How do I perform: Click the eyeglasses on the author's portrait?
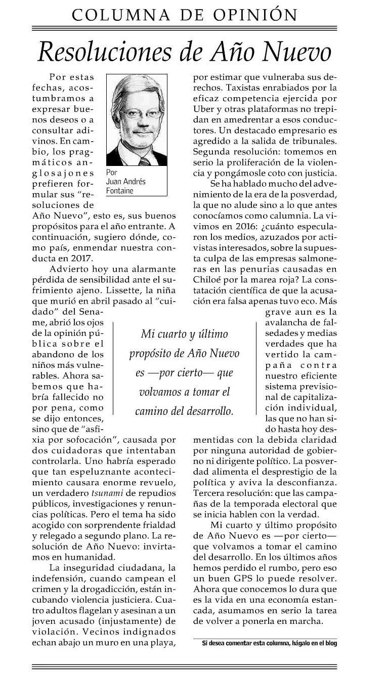tap(136, 113)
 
